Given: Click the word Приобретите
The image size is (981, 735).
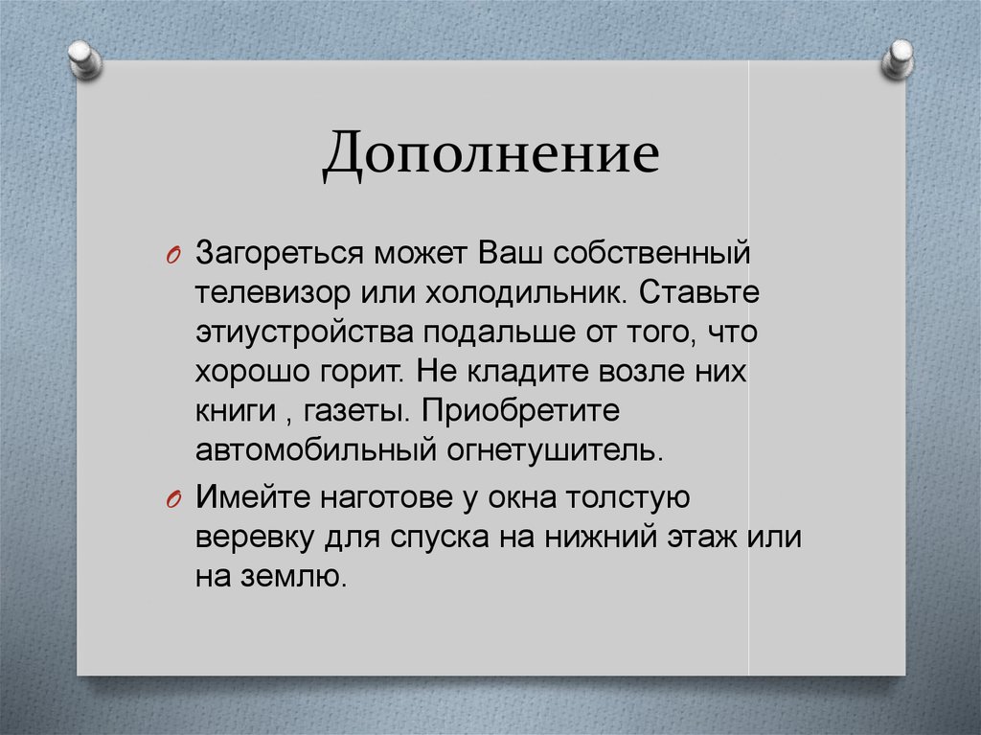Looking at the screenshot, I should (x=518, y=408).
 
